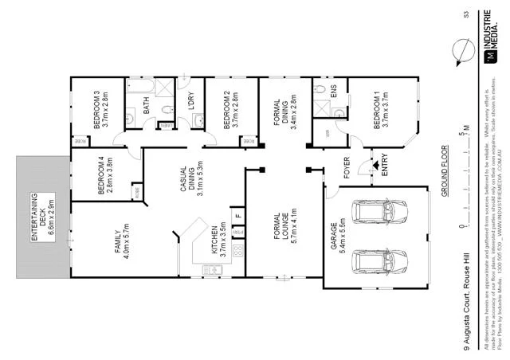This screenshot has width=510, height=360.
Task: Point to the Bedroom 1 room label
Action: coord(382,110)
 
